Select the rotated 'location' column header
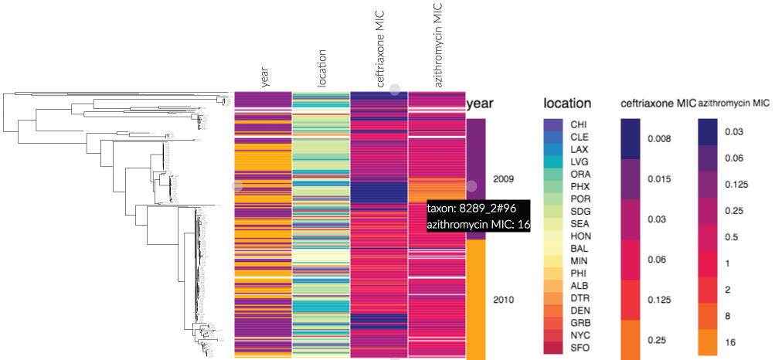point(323,68)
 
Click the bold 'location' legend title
point(567,104)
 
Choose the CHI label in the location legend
point(579,124)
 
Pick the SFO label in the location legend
point(579,348)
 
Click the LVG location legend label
point(579,161)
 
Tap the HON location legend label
point(580,236)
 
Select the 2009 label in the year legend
point(503,179)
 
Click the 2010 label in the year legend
point(503,299)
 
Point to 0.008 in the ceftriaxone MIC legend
point(659,139)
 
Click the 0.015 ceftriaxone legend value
point(659,179)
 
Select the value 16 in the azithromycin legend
point(730,341)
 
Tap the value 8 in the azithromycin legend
point(728,315)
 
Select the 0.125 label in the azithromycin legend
point(736,185)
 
